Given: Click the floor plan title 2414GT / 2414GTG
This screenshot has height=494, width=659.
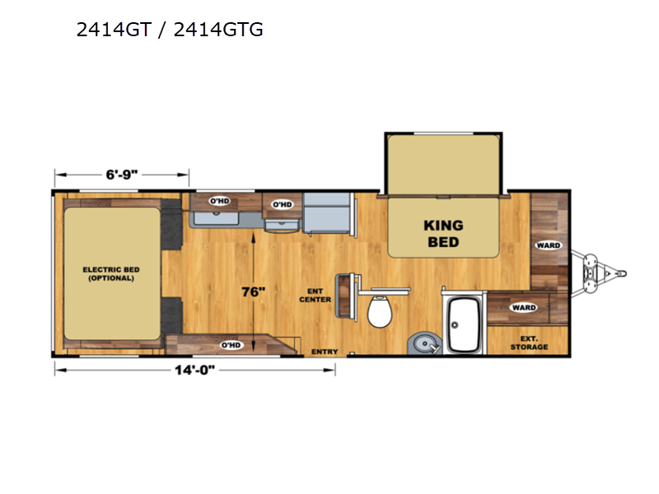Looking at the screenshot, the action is (x=170, y=30).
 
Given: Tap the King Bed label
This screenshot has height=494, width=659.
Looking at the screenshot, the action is (x=443, y=234).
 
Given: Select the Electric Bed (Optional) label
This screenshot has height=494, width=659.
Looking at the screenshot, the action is (x=111, y=274).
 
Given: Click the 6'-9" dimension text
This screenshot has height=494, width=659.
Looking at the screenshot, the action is (x=122, y=175).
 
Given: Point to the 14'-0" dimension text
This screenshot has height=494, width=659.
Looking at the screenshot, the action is (x=194, y=370).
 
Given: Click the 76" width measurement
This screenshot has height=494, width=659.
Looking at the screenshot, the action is (x=254, y=291).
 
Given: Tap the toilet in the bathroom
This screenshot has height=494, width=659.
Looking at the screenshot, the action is (x=380, y=311).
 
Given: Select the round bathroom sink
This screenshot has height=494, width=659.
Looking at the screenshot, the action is (x=424, y=344).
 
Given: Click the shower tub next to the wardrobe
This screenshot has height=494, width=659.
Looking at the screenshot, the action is (x=464, y=324).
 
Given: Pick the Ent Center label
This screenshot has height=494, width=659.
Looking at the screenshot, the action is (x=315, y=296).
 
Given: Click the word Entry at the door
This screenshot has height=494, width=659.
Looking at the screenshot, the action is (x=325, y=352).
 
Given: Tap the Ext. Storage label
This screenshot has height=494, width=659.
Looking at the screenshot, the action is (x=529, y=343).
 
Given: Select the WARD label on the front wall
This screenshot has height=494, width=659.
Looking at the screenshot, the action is (x=548, y=245).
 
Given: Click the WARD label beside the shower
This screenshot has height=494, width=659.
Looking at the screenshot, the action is (x=524, y=307).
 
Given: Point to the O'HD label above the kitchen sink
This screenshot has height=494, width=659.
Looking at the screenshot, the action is (x=219, y=201).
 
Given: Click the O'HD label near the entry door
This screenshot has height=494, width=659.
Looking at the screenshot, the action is (x=231, y=345).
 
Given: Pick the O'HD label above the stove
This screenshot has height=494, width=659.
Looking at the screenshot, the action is (x=283, y=204).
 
